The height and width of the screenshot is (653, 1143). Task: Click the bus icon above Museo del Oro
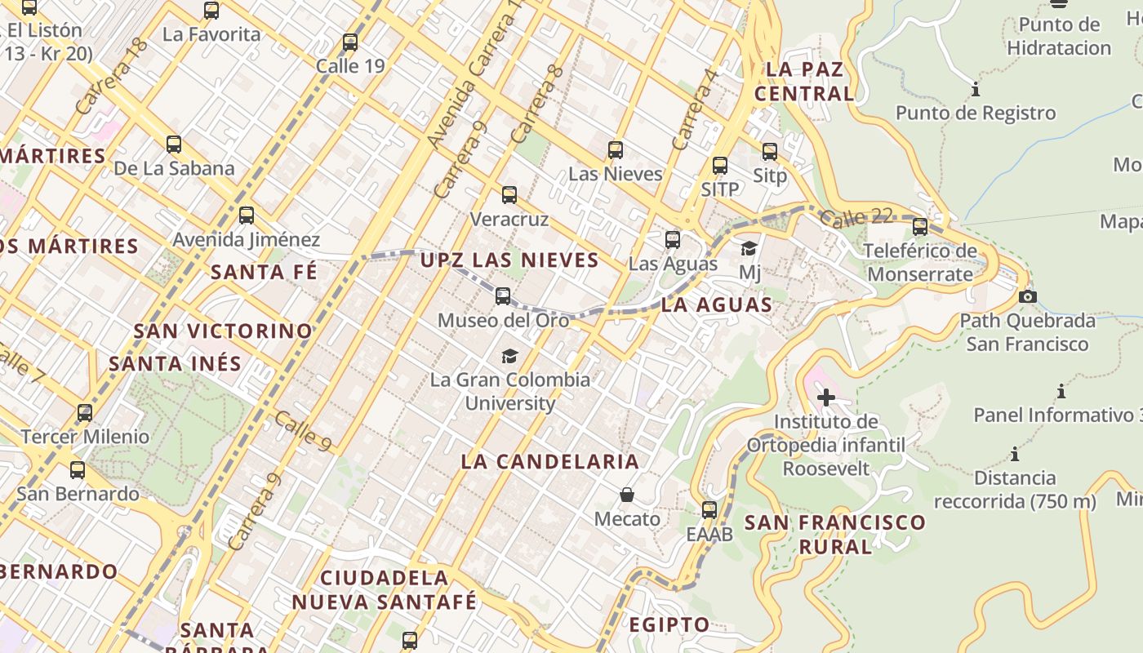(x=503, y=296)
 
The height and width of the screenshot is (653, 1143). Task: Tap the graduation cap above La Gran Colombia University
(x=509, y=356)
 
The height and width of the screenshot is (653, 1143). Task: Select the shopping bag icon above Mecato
(x=627, y=495)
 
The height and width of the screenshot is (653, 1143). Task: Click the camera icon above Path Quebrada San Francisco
(x=1028, y=296)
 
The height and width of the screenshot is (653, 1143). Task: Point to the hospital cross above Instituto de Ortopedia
(x=826, y=398)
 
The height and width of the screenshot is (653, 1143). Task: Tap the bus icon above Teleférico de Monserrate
(x=920, y=227)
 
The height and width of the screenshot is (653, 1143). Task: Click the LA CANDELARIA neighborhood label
(x=549, y=461)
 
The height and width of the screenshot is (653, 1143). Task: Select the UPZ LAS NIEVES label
(x=509, y=260)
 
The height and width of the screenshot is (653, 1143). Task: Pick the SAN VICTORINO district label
(x=223, y=331)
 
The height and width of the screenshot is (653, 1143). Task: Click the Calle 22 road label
(x=856, y=219)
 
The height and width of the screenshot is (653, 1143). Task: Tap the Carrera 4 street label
(x=694, y=109)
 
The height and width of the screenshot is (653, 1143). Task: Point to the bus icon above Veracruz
(x=509, y=195)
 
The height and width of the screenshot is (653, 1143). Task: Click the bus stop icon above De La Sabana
(x=174, y=144)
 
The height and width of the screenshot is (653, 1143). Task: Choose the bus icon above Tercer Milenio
(x=85, y=413)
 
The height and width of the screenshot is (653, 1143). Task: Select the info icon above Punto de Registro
(x=976, y=89)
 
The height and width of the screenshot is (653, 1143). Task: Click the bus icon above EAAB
(x=709, y=510)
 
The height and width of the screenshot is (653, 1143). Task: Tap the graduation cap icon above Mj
(x=749, y=248)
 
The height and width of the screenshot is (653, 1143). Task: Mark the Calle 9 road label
(x=302, y=430)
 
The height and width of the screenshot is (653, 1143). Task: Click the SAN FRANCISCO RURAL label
(x=835, y=534)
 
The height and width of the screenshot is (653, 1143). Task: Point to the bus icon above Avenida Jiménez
(x=246, y=215)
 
